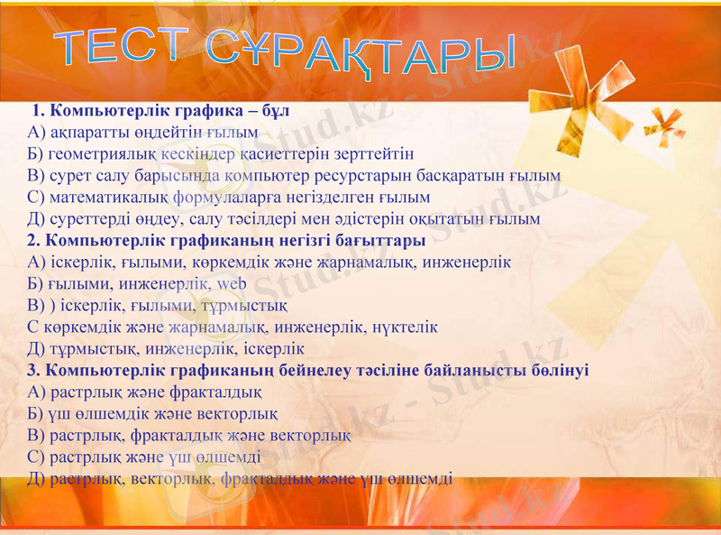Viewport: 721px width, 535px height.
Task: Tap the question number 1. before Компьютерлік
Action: click(40, 112)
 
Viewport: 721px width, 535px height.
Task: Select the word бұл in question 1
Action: click(275, 112)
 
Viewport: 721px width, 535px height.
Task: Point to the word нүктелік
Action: click(407, 327)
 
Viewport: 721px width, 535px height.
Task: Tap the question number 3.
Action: click(34, 370)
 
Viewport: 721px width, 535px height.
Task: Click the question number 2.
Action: click(34, 240)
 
